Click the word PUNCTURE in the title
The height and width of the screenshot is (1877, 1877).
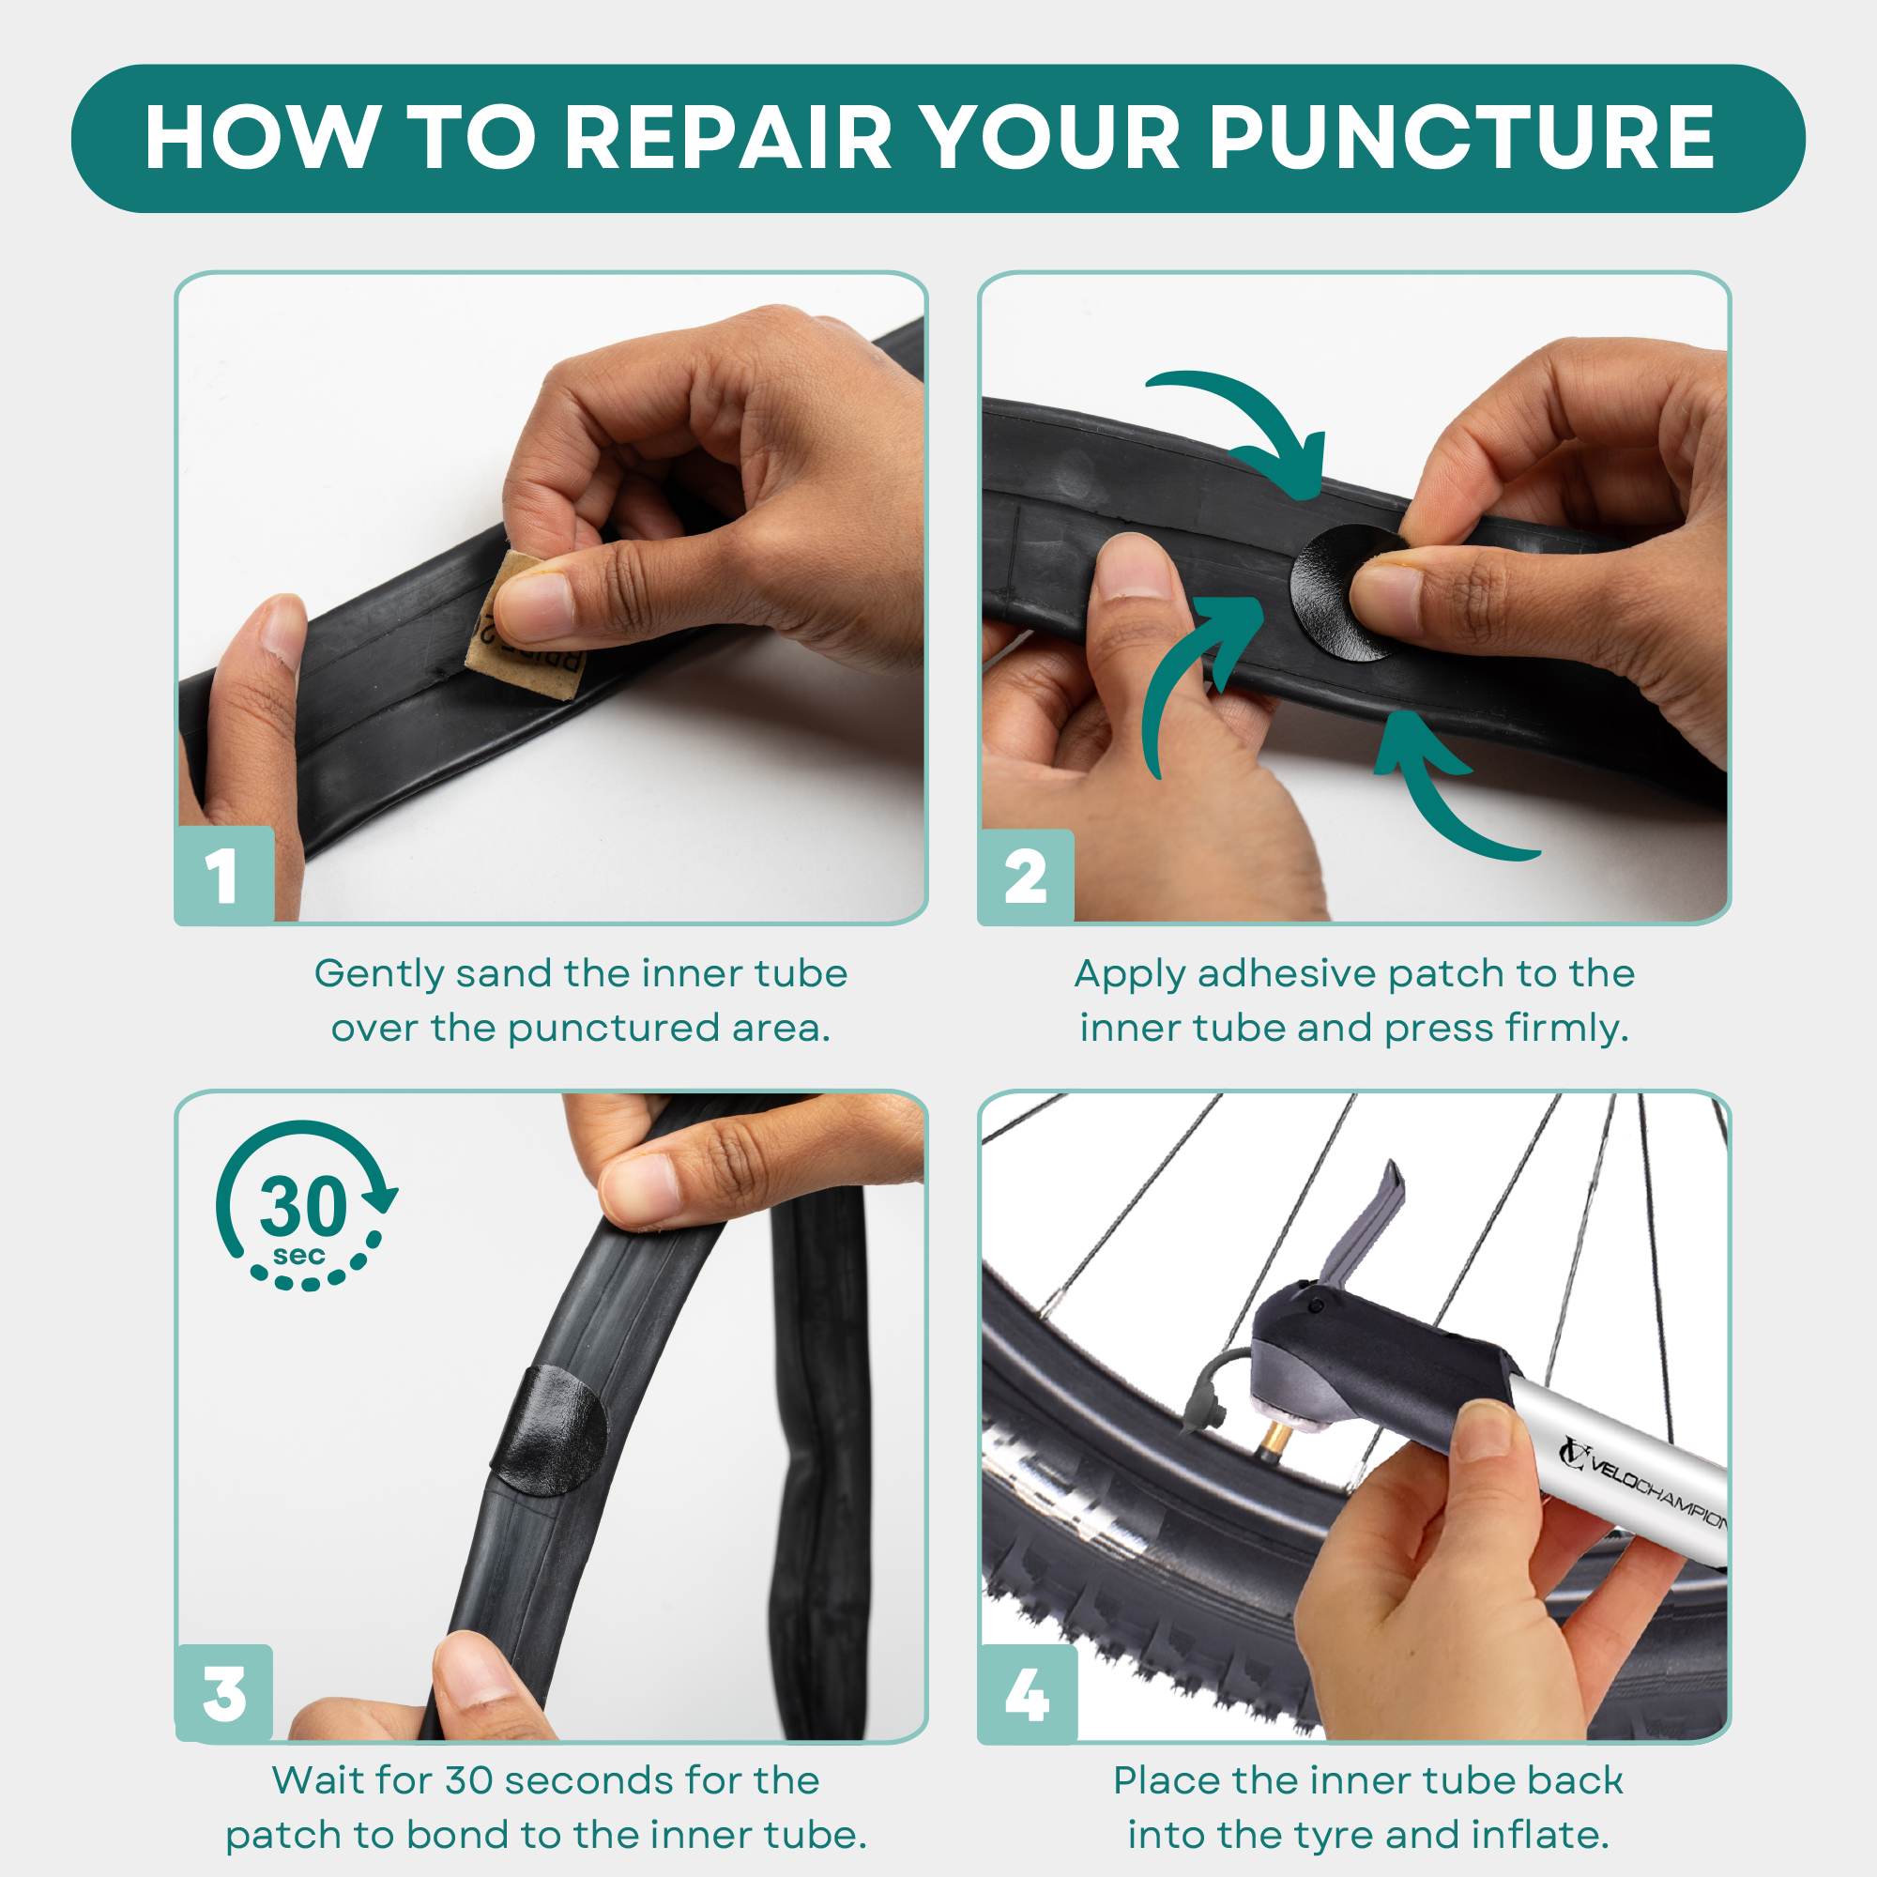1461,138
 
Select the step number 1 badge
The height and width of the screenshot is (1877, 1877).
224,876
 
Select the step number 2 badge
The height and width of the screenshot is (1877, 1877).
1026,877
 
